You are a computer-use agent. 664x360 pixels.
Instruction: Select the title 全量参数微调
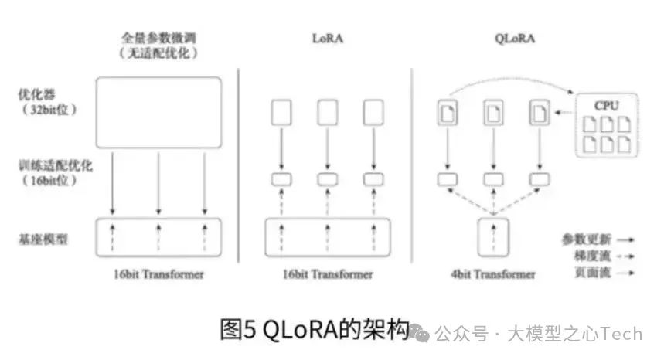click(158, 37)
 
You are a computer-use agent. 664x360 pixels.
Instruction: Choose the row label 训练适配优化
click(47, 165)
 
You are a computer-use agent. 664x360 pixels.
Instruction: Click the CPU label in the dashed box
click(606, 104)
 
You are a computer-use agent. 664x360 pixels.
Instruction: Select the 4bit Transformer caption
click(493, 274)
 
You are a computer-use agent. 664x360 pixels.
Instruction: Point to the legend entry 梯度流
click(591, 256)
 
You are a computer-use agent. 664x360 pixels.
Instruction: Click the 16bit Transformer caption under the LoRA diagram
click(327, 274)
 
